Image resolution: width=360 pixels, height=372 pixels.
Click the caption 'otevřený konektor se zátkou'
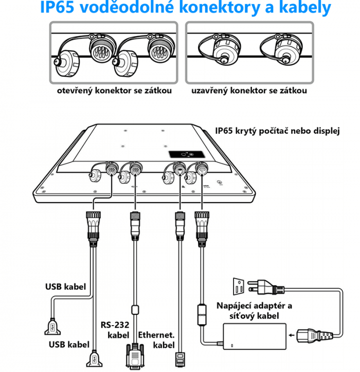[114, 91]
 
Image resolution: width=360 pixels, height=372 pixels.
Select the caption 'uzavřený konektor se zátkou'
[249, 91]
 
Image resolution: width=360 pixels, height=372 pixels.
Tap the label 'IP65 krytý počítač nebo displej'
[278, 130]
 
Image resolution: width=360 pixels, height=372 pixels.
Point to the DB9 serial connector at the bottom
[135, 357]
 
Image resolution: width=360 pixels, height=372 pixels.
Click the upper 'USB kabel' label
[65, 286]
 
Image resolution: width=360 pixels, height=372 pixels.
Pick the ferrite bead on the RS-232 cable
[135, 310]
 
